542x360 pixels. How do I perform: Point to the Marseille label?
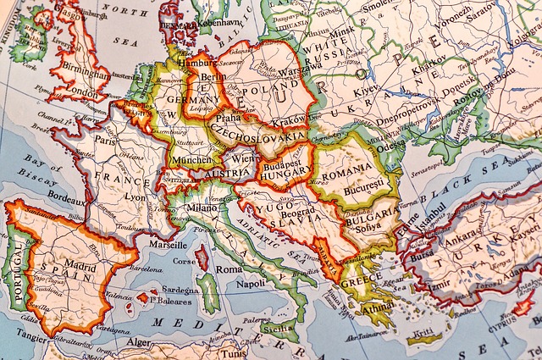[169, 245]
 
